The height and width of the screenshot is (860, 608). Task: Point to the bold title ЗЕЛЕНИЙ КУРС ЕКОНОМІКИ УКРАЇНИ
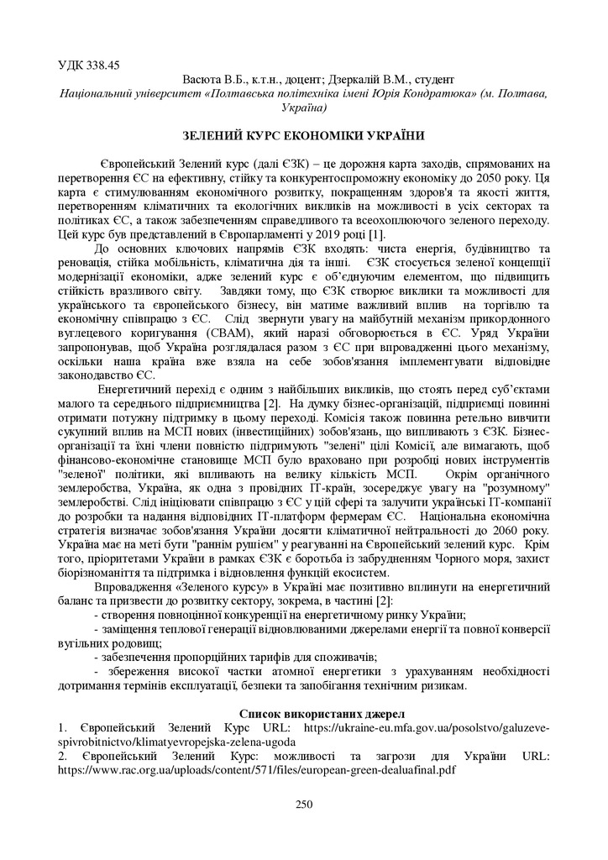[x=303, y=135]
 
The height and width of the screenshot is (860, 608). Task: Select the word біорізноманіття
[x=97, y=571]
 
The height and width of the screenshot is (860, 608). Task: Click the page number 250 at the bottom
[x=303, y=805]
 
